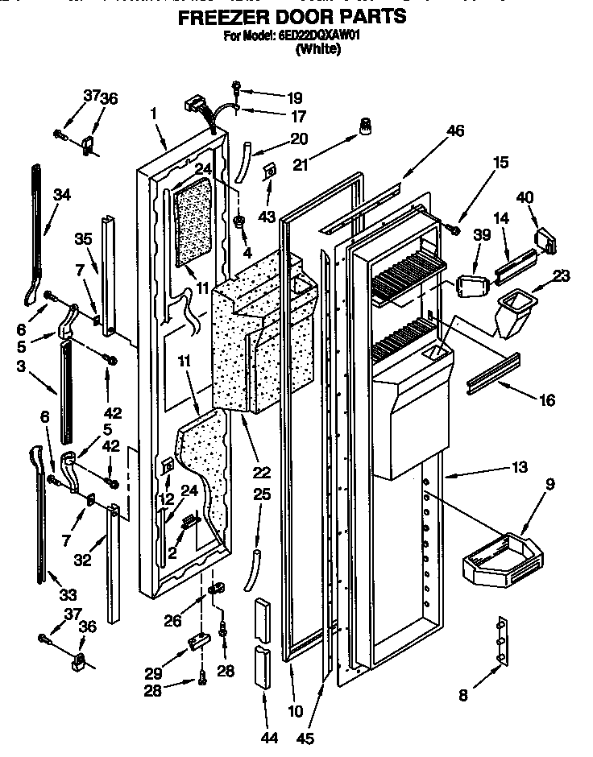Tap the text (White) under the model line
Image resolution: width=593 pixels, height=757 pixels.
pyautogui.click(x=318, y=49)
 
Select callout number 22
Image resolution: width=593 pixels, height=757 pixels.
pyautogui.click(x=261, y=472)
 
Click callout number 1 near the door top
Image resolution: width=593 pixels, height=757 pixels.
pyautogui.click(x=153, y=114)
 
